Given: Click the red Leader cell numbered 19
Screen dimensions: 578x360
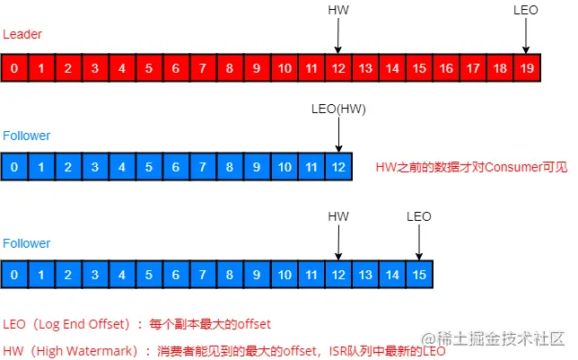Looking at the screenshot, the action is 527,67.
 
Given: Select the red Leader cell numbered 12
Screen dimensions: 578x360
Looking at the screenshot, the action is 338,67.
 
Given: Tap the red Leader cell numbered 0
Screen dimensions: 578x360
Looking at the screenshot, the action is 14,67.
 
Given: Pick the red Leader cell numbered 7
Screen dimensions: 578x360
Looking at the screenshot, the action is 203,67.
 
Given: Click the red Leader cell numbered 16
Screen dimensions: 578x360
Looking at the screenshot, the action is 446,67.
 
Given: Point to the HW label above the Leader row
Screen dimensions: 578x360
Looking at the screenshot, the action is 338,11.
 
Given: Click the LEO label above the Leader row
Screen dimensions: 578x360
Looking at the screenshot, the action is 527,11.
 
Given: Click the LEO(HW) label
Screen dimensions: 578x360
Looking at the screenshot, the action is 338,110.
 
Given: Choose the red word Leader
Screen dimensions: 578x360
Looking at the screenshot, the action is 22,34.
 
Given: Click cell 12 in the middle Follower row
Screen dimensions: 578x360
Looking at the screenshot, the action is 338,166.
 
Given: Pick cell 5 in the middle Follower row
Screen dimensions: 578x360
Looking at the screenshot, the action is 149,166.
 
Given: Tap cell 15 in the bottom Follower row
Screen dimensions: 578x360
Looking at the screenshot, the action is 419,274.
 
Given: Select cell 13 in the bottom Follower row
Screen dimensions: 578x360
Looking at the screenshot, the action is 365,274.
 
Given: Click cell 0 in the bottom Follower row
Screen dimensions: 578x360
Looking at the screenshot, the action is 14,274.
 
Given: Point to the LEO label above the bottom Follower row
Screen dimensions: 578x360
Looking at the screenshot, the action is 419,216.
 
